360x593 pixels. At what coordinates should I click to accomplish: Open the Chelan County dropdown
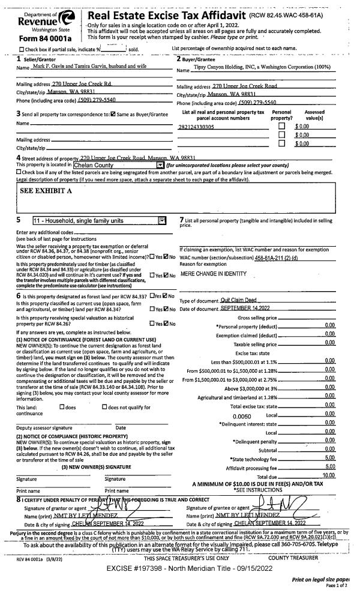160,165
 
